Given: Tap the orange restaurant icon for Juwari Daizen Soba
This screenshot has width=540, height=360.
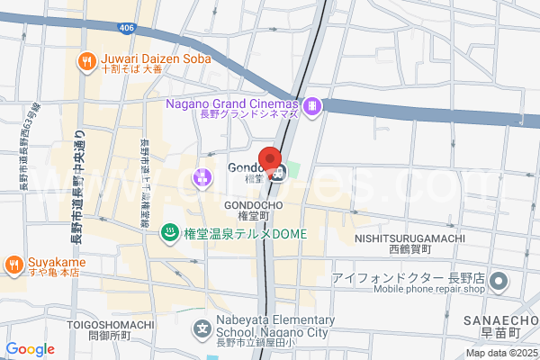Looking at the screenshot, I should pyautogui.click(x=86, y=60).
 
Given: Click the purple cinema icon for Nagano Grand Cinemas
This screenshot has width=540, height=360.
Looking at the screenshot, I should pyautogui.click(x=311, y=106).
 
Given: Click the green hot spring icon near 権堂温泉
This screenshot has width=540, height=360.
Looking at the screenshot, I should pyautogui.click(x=168, y=234).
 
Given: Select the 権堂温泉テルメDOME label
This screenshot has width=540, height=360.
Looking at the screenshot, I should pyautogui.click(x=245, y=234).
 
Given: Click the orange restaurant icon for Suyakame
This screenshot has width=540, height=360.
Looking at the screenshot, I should pyautogui.click(x=13, y=264).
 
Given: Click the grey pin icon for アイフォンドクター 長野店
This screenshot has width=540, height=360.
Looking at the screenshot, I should pyautogui.click(x=499, y=283).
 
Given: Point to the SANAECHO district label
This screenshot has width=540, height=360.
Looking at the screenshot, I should pyautogui.click(x=501, y=321).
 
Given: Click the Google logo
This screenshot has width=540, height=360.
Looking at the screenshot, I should pyautogui.click(x=30, y=349).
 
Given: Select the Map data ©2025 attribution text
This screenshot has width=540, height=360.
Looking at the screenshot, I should pyautogui.click(x=501, y=354).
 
